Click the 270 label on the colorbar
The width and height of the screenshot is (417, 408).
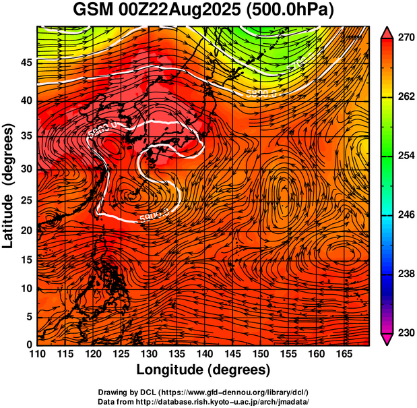(405, 38)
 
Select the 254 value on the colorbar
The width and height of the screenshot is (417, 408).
(405, 156)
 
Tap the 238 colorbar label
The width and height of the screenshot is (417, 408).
(405, 274)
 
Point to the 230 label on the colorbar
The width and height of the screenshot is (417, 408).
(405, 332)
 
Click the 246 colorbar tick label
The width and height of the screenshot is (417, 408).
(405, 214)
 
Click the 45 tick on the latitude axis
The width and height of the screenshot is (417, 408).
(26, 62)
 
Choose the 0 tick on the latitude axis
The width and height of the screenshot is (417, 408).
(30, 345)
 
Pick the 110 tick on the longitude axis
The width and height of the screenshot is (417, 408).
(37, 353)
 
